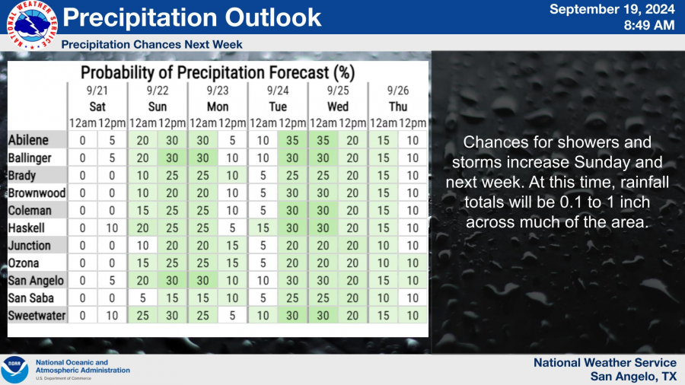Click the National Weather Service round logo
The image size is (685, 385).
[32, 25]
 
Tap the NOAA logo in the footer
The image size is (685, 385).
[14, 370]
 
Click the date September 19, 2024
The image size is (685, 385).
[612, 9]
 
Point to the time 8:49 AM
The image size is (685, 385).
[648, 25]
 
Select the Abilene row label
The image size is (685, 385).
[28, 140]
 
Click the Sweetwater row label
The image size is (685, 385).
[37, 316]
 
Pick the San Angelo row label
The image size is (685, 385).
[36, 281]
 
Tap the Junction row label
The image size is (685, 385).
[29, 245]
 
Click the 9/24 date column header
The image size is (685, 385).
[278, 91]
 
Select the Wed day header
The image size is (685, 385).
[338, 107]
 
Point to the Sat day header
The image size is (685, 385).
[97, 107]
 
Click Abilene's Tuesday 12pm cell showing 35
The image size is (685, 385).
[292, 140]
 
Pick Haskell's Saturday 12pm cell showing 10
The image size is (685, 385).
[112, 228]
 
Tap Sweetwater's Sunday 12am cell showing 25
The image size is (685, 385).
[142, 316]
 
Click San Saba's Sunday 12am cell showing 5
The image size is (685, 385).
[142, 298]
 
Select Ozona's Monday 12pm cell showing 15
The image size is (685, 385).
[232, 263]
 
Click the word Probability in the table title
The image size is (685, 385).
[117, 73]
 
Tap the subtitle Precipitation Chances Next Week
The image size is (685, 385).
[151, 45]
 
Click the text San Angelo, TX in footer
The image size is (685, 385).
[633, 377]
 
